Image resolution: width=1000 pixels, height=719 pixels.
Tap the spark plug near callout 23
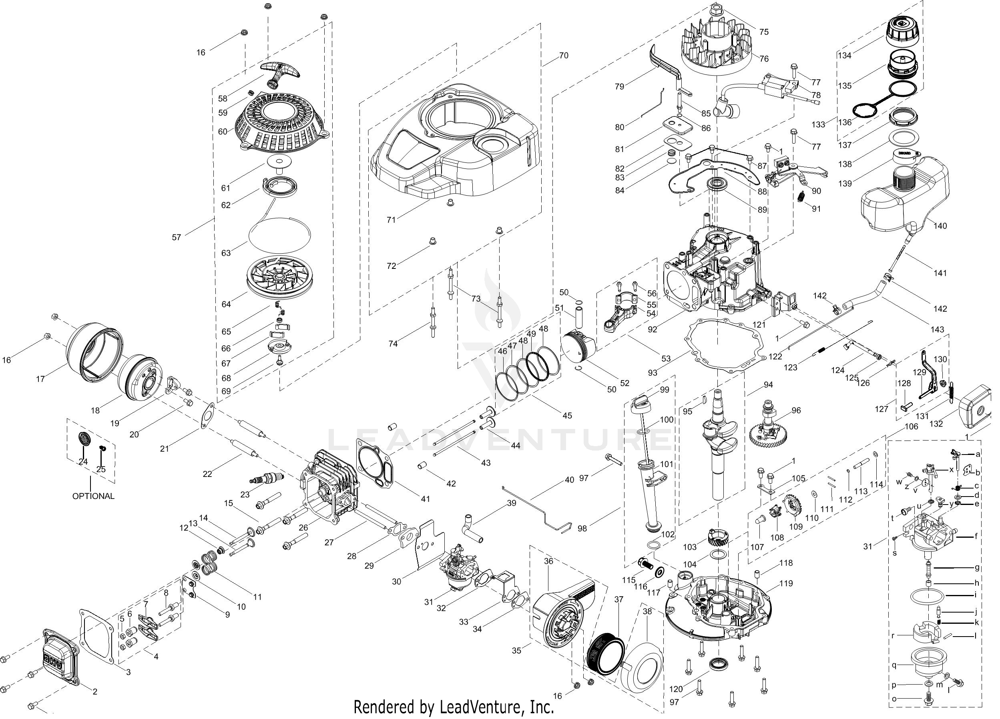(265, 479)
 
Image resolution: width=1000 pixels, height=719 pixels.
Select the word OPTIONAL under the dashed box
(93, 496)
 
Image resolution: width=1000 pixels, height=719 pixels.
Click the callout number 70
(564, 56)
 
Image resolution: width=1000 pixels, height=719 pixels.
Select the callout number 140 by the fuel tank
(940, 226)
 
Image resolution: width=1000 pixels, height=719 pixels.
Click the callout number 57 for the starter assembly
(177, 237)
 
